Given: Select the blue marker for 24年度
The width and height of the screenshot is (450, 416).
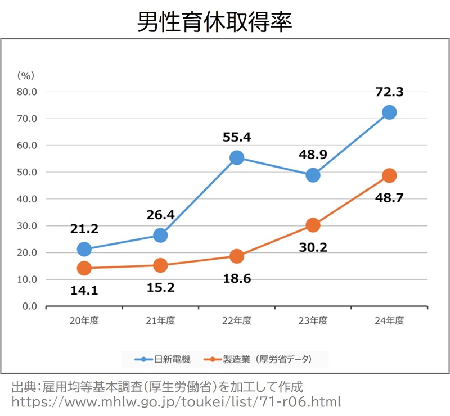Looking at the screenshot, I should pos(389,112).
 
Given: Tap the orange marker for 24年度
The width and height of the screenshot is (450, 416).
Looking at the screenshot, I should pos(389,175).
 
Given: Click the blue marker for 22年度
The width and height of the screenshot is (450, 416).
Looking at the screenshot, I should pos(237,158).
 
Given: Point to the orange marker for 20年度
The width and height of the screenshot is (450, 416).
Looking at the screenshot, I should pos(84,268).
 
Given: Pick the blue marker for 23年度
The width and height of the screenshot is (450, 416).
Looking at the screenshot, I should pos(313,175).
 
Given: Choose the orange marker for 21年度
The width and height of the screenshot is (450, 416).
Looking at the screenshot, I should pos(160,265).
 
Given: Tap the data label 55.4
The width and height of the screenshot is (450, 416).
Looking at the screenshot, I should pos(237,137).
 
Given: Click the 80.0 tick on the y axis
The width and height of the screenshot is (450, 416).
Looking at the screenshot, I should pos(26,92).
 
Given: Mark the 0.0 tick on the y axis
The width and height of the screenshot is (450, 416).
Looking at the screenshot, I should pos(29,306).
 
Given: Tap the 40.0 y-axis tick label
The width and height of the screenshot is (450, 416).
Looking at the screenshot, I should pos(26,199).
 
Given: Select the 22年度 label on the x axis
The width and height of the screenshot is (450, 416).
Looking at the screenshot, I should pos(237,321).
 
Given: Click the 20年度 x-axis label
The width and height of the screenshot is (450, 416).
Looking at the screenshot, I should pos(84,321).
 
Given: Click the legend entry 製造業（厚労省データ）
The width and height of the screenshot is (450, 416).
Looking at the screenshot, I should pos(259,359).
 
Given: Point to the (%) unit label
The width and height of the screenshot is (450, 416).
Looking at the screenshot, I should pos(26,74).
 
